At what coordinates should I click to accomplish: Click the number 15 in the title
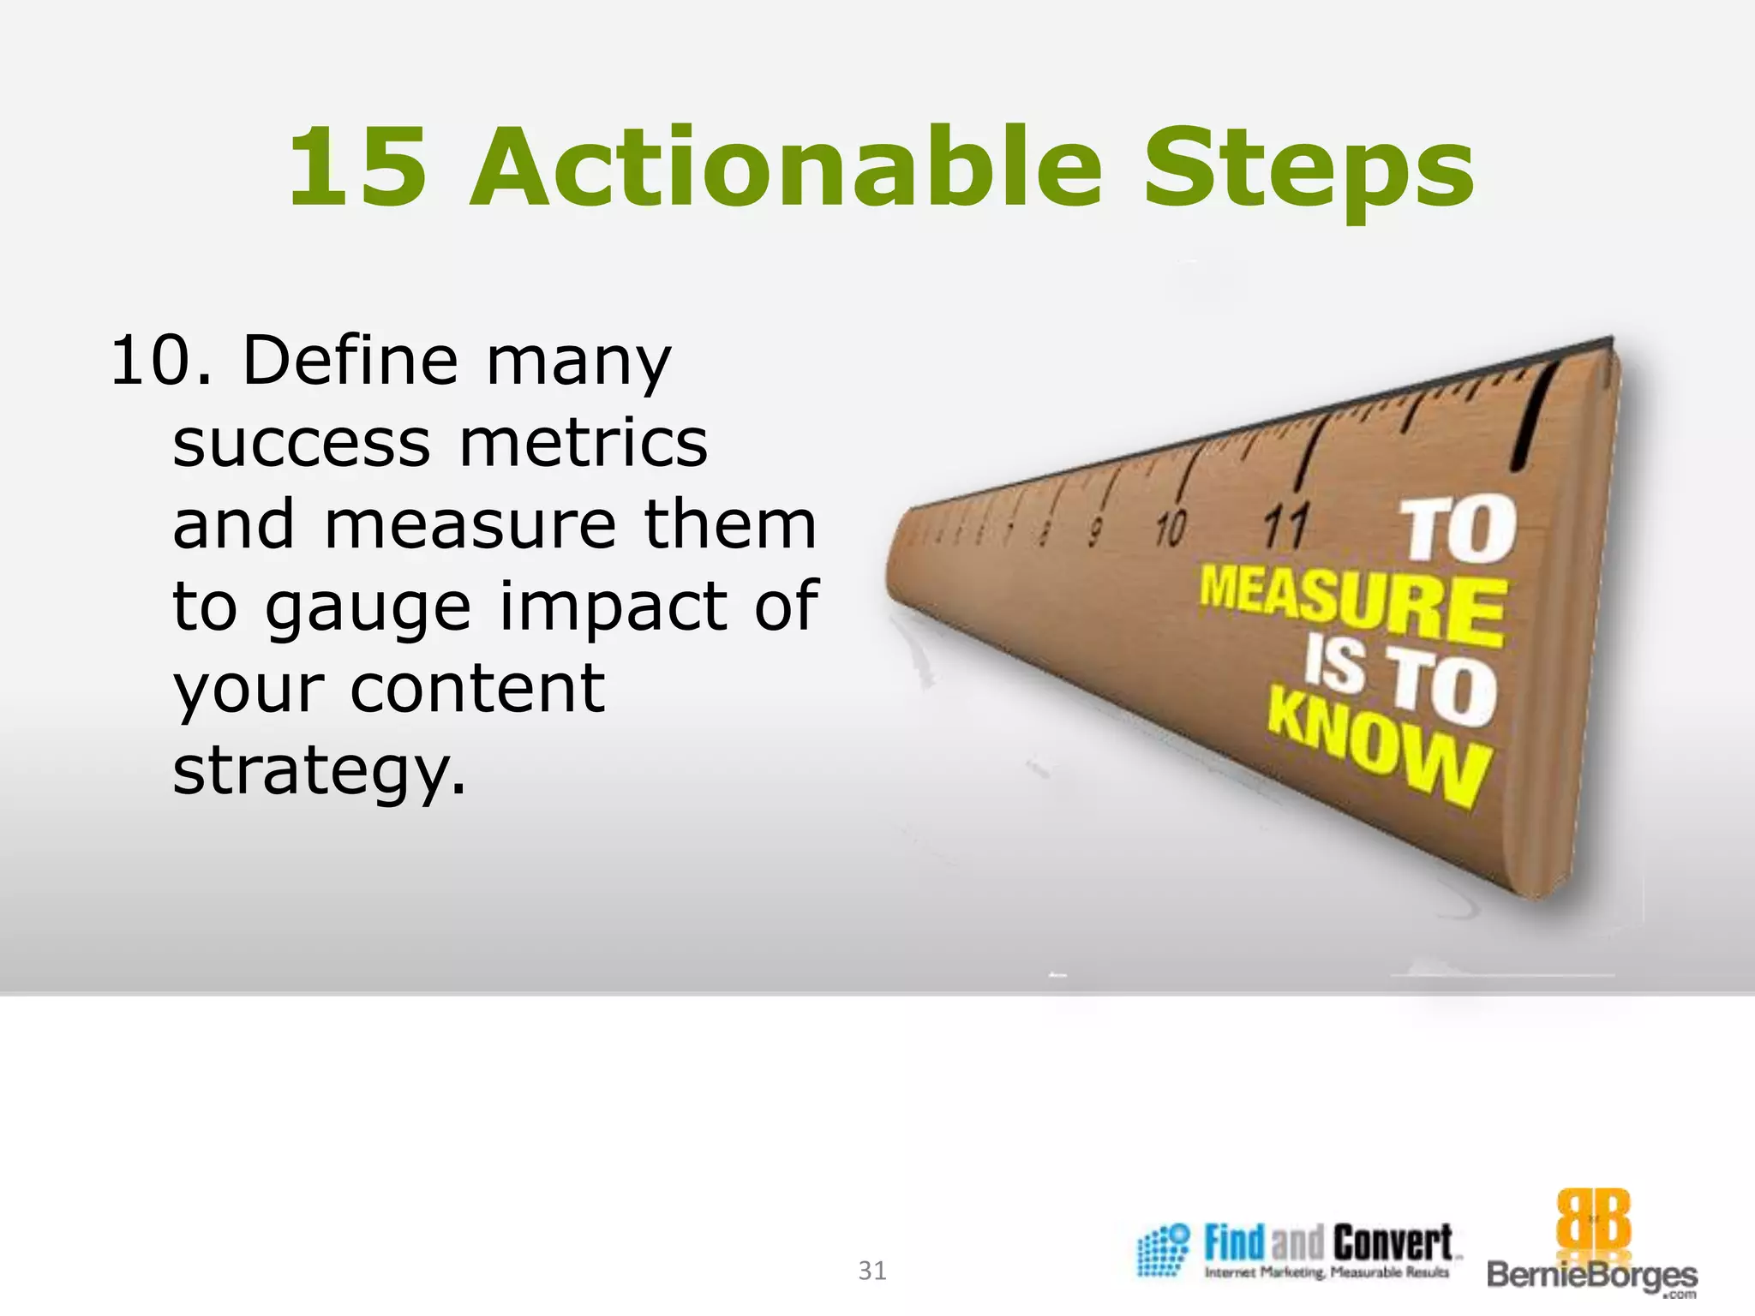click(357, 168)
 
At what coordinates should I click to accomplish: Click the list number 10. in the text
click(161, 362)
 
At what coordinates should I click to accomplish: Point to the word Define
click(350, 361)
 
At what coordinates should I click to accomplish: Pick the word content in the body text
click(477, 689)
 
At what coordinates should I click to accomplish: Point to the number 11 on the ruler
click(1285, 526)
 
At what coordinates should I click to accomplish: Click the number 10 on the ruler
click(1171, 528)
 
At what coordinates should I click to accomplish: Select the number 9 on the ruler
click(1094, 532)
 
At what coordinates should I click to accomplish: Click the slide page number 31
click(872, 1270)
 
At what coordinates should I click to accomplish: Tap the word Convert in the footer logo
click(1393, 1242)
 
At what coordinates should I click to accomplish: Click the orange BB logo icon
click(1593, 1220)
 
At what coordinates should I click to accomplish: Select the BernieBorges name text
click(1591, 1275)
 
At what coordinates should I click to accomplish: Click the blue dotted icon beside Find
click(1163, 1250)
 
